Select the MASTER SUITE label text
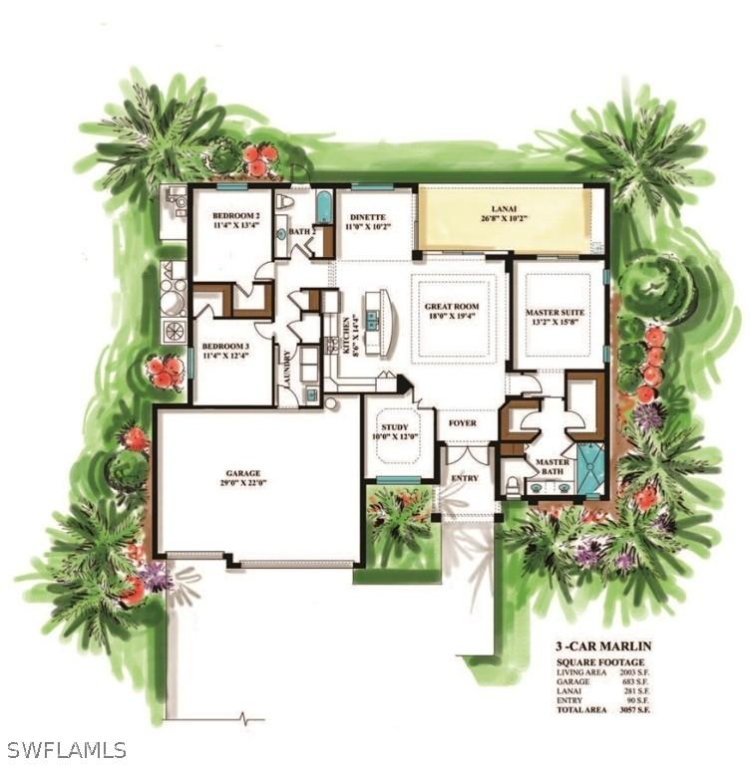[555, 313]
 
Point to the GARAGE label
[242, 474]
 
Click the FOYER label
[462, 423]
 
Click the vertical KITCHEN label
[346, 337]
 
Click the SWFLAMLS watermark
[66, 749]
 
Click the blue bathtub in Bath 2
[324, 207]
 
